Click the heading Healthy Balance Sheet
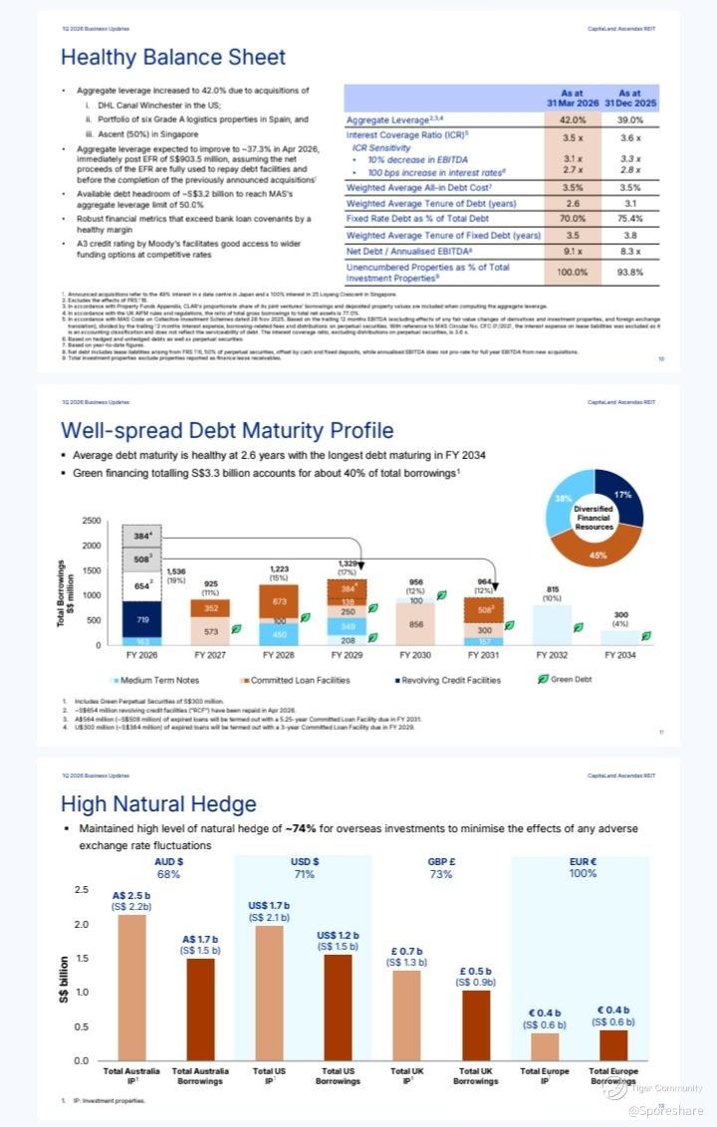(159, 57)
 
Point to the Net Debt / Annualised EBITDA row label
(416, 253)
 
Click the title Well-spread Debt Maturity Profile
(227, 430)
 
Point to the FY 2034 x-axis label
(627, 656)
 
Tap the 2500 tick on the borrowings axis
(90, 521)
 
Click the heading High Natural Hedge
(158, 804)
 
